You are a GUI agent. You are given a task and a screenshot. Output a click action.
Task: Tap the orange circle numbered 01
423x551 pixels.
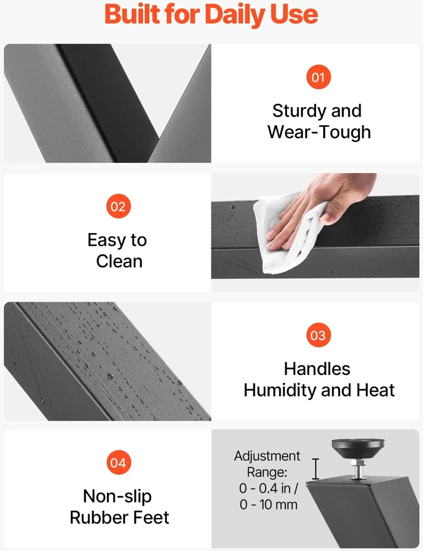318,77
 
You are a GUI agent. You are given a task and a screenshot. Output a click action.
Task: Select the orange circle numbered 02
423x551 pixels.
118,206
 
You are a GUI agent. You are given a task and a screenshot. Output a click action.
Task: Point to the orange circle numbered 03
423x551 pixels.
318,335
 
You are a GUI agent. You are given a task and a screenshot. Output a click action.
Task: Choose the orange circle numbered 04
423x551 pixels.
118,463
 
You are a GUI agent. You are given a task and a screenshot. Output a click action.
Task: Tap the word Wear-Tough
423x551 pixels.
319,132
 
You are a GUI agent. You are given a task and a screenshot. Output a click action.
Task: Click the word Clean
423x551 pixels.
119,261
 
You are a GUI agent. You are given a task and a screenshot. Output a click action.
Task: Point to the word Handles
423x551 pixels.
317,369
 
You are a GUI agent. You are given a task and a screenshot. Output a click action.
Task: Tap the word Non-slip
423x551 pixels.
117,496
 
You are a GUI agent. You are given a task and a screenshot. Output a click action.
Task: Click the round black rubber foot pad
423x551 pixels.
358,448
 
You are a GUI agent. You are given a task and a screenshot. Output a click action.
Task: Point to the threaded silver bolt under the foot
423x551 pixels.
358,469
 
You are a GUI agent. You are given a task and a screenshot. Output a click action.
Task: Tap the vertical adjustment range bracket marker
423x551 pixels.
315,469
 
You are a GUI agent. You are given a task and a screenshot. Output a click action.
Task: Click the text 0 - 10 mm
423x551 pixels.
269,505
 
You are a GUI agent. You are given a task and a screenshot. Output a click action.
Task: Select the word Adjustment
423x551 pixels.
267,456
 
